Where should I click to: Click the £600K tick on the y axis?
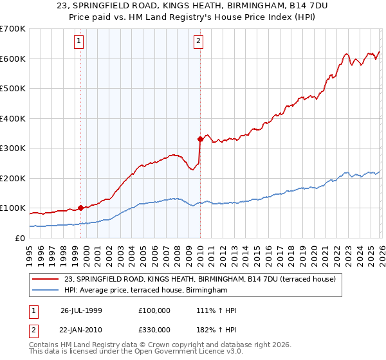pos(12,59)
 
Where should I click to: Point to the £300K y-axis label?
pos(12,148)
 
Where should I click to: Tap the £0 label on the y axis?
pos(19,239)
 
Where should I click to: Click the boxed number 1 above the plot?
pos(79,42)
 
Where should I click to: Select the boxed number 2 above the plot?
pos(198,42)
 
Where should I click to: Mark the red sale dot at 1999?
pos(81,208)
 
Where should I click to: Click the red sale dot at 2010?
pos(200,138)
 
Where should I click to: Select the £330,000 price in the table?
pos(154,328)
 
